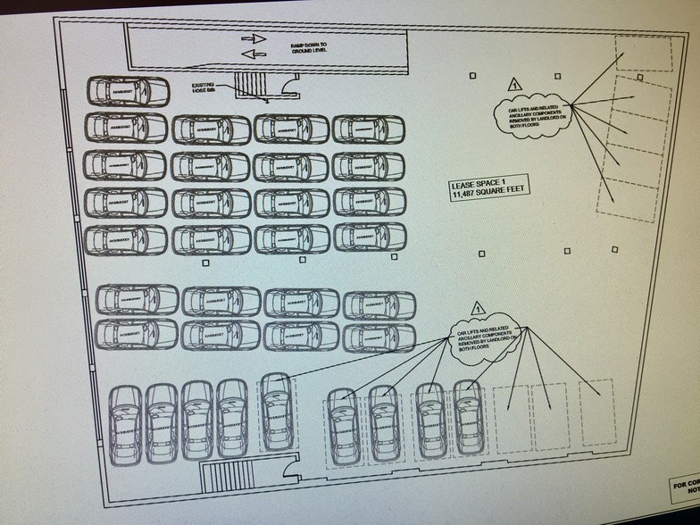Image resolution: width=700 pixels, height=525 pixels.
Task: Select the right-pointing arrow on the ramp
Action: click(254, 39)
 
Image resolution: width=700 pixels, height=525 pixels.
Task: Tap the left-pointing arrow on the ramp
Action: click(254, 54)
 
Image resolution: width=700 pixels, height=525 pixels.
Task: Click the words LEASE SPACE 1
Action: click(478, 184)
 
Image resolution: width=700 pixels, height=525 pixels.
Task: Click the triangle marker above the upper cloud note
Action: click(514, 84)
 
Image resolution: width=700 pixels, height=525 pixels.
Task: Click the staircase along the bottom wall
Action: click(226, 478)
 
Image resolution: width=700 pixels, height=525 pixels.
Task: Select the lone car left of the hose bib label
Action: click(129, 91)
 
